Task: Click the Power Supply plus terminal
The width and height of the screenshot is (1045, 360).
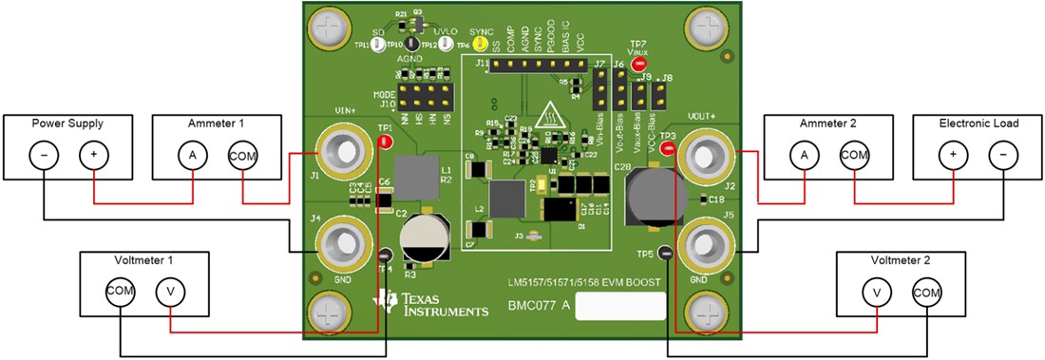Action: [92, 154]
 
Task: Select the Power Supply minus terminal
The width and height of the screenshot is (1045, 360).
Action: [45, 154]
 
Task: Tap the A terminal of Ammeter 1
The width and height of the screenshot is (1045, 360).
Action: [193, 154]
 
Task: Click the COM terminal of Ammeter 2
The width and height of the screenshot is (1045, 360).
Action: [853, 154]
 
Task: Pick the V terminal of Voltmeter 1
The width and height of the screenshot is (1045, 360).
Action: [170, 290]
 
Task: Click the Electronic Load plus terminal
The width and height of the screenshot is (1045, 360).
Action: [954, 154]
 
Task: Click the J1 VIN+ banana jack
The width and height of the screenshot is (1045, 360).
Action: [340, 151]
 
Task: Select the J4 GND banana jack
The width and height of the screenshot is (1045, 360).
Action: [340, 244]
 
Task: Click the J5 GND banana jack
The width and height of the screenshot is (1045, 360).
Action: [704, 244]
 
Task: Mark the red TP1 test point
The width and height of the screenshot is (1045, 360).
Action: [385, 142]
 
